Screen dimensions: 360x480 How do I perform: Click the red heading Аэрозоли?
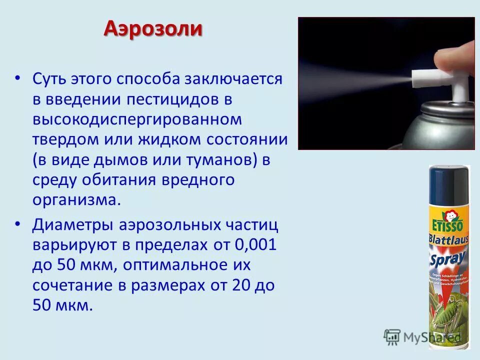153,29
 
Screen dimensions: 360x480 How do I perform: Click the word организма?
76,200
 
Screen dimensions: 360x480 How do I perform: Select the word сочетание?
76,285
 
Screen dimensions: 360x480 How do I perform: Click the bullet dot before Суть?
18,78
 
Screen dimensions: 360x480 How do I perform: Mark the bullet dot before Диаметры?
18,225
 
